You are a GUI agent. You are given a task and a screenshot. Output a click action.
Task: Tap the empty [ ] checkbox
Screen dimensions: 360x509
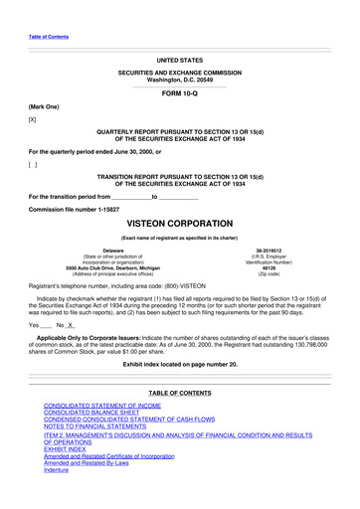33,163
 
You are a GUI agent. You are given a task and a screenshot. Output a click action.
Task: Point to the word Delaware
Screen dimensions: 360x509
103,250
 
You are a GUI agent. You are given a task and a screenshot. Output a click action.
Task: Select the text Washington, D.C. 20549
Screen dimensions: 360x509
179,79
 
